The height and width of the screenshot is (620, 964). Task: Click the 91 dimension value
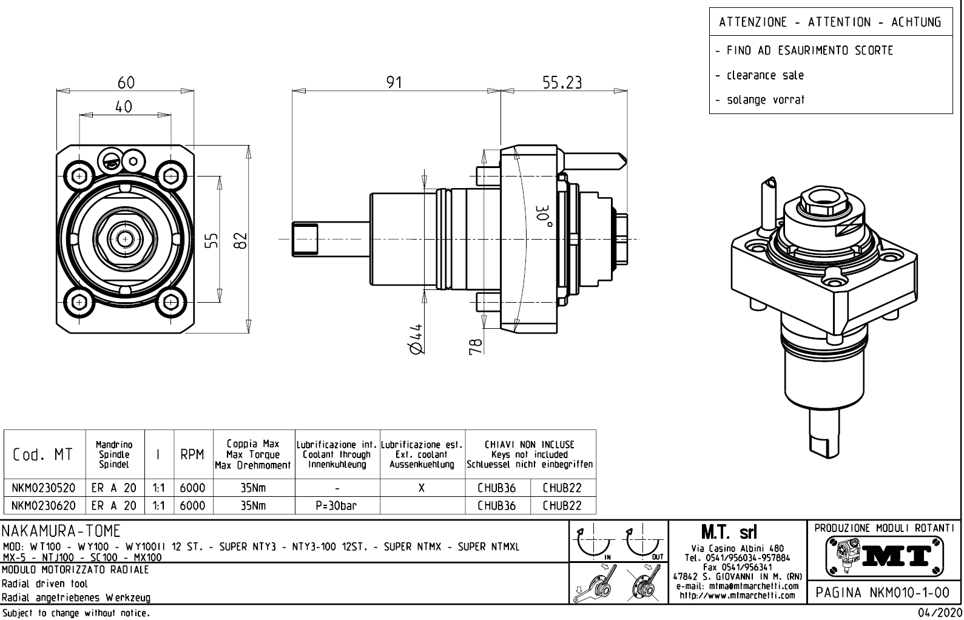394,82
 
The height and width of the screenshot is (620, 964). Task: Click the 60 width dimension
126,82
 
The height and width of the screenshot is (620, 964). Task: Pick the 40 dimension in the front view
124,107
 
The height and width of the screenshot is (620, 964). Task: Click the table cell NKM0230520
44,488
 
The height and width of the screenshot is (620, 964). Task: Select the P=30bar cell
337,505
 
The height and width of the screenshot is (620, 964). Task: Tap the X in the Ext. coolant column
421,488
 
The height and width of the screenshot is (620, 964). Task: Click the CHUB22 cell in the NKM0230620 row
562,505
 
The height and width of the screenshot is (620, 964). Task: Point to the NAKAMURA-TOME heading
61,531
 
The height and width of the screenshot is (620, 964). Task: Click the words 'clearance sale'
765,75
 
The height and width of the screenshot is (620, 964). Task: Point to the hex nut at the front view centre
126,238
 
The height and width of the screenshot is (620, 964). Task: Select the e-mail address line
737,586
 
